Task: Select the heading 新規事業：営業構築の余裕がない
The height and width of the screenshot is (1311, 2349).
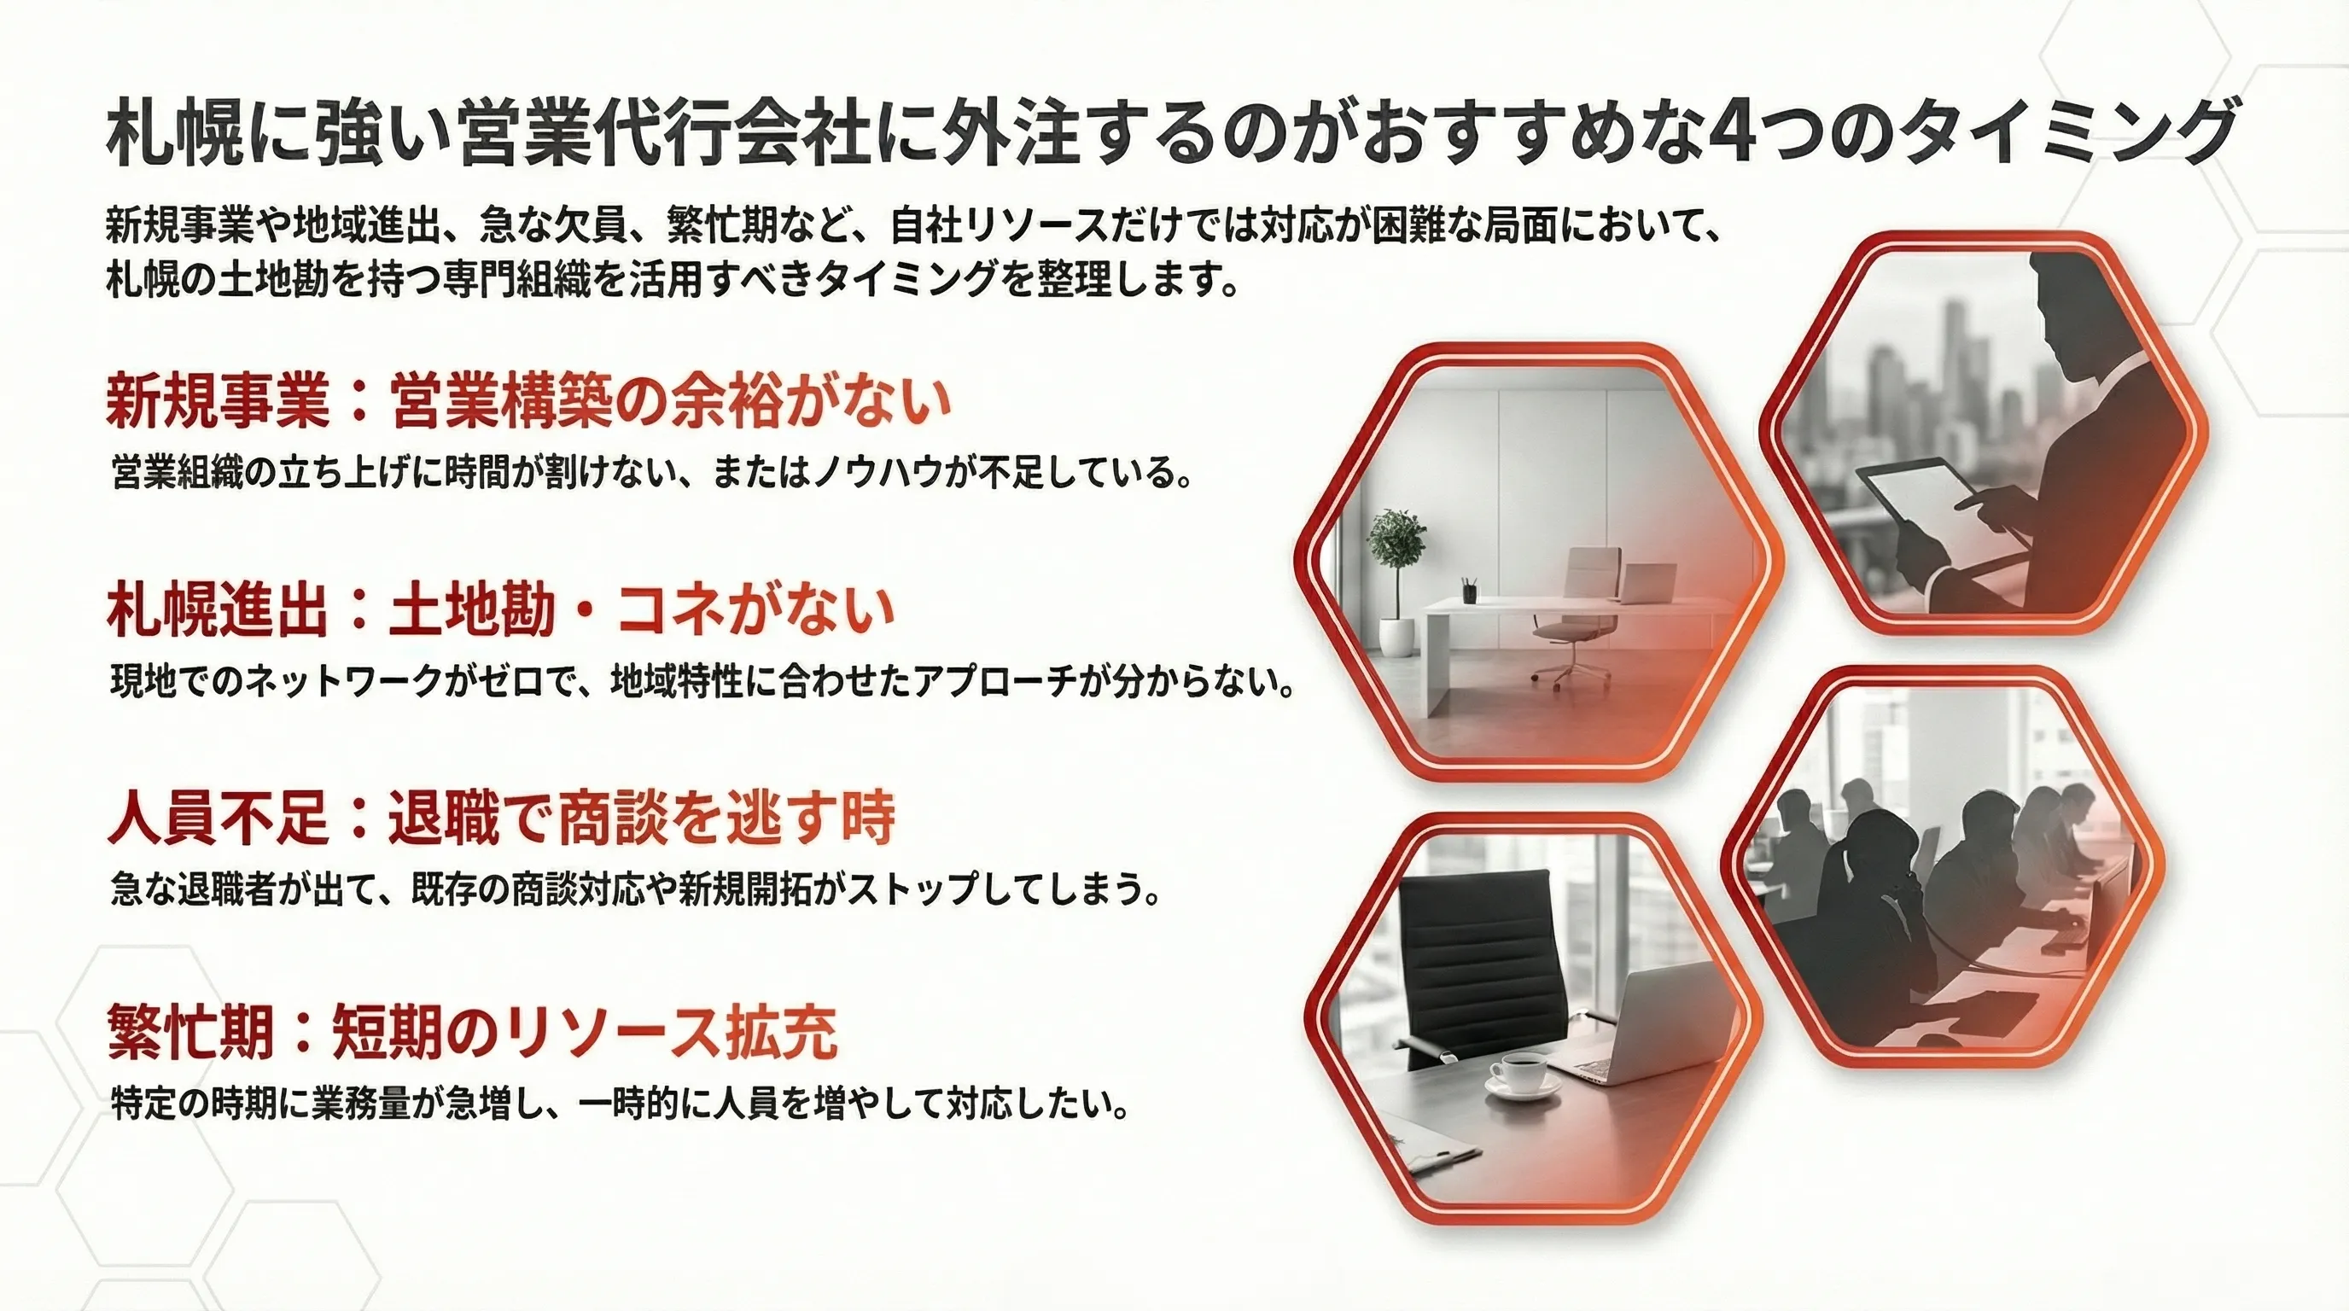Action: (x=528, y=400)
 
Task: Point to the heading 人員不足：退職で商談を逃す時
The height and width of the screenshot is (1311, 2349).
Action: (x=501, y=817)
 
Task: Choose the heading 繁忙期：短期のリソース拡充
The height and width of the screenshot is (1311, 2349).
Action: (x=471, y=1033)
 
